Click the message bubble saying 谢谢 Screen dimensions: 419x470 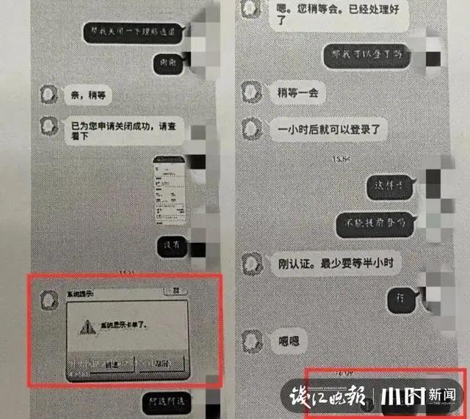pyautogui.click(x=173, y=64)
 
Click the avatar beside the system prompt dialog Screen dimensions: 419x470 pyautogui.click(x=48, y=298)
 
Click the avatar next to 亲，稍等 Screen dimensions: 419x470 pyautogui.click(x=48, y=95)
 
